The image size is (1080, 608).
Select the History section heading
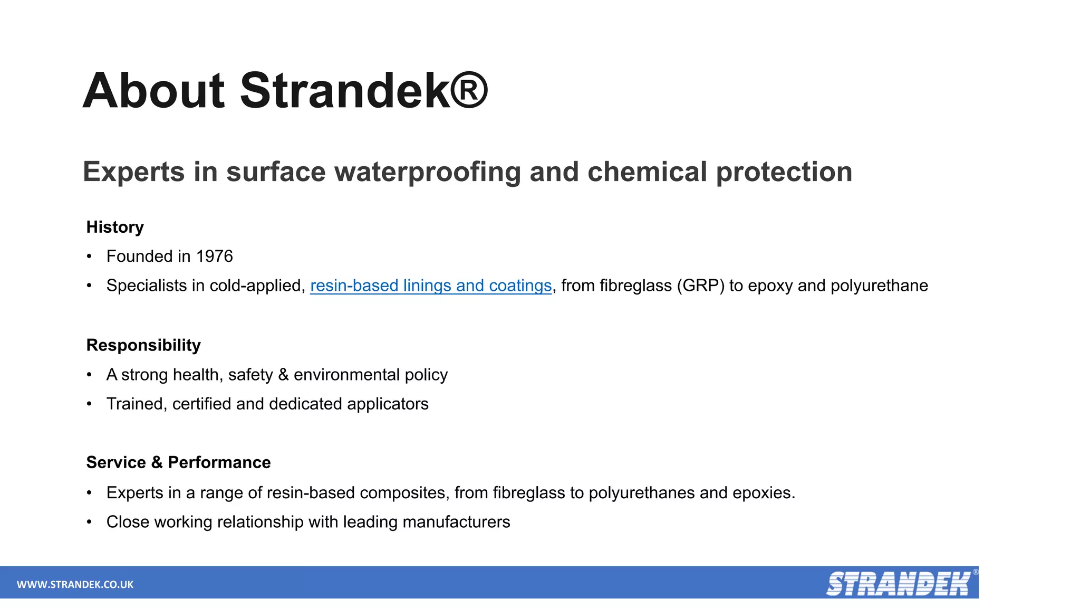coord(115,227)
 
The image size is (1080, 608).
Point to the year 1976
coord(214,256)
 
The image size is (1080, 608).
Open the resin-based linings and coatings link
coord(431,286)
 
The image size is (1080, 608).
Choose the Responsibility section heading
coord(143,345)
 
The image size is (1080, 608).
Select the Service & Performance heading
coord(178,462)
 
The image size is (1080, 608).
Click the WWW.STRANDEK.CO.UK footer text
coord(75,584)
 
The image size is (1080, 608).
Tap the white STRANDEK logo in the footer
coord(898,584)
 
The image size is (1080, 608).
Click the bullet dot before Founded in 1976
coord(90,256)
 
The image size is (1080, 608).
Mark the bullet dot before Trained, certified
coord(90,404)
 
